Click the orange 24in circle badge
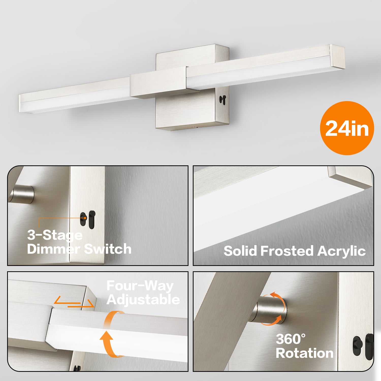click(347, 128)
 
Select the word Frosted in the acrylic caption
click(287, 251)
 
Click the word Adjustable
click(143, 300)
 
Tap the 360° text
click(291, 339)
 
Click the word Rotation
click(305, 353)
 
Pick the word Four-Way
click(140, 286)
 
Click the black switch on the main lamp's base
click(223, 100)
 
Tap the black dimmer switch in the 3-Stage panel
click(88, 220)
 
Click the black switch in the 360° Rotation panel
click(363, 347)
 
